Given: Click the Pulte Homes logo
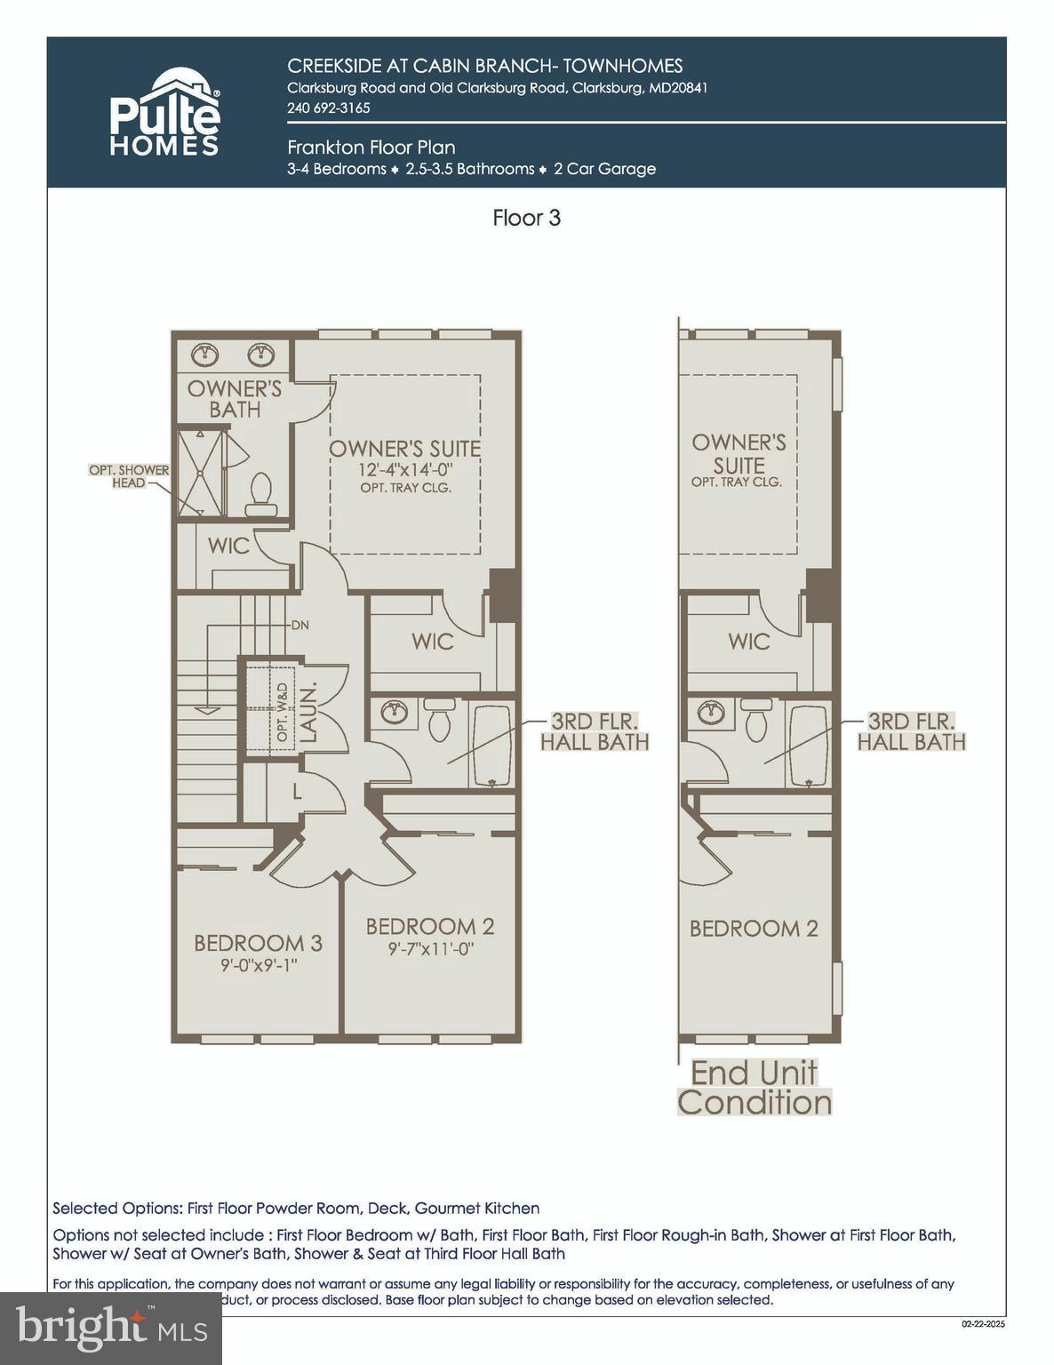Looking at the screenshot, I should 164,113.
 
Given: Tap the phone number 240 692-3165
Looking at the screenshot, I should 328,108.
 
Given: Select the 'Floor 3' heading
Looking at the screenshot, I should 526,218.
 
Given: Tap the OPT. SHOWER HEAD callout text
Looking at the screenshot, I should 129,476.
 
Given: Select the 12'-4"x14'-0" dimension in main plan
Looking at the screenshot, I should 405,470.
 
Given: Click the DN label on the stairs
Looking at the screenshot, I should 299,625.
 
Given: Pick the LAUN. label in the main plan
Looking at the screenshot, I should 307,714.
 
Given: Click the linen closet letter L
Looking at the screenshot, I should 297,790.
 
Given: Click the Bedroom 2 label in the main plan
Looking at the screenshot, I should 430,926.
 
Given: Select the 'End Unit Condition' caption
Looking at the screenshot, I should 755,1087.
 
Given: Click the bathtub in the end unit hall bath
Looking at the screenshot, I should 808,746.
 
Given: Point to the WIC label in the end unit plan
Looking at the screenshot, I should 748,641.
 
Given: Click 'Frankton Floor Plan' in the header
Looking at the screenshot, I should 371,148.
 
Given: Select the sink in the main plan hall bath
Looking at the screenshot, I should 394,711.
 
